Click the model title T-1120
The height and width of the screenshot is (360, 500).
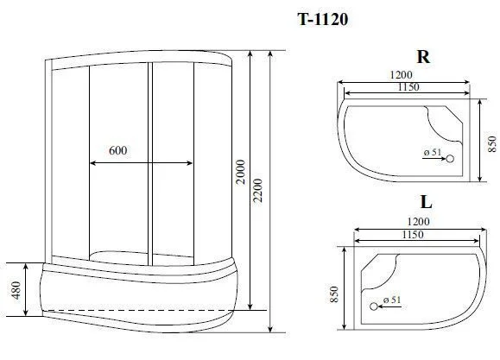click(323, 20)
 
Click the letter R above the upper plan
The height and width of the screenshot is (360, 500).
click(423, 57)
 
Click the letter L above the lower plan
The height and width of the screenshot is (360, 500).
click(426, 201)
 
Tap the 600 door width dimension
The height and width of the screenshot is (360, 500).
click(117, 150)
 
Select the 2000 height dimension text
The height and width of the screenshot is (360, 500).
click(242, 172)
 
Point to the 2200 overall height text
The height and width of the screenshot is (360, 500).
click(257, 191)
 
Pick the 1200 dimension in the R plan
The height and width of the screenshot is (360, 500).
click(401, 74)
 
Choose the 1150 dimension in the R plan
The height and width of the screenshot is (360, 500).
click(408, 86)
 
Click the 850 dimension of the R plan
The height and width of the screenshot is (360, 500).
click(492, 144)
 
